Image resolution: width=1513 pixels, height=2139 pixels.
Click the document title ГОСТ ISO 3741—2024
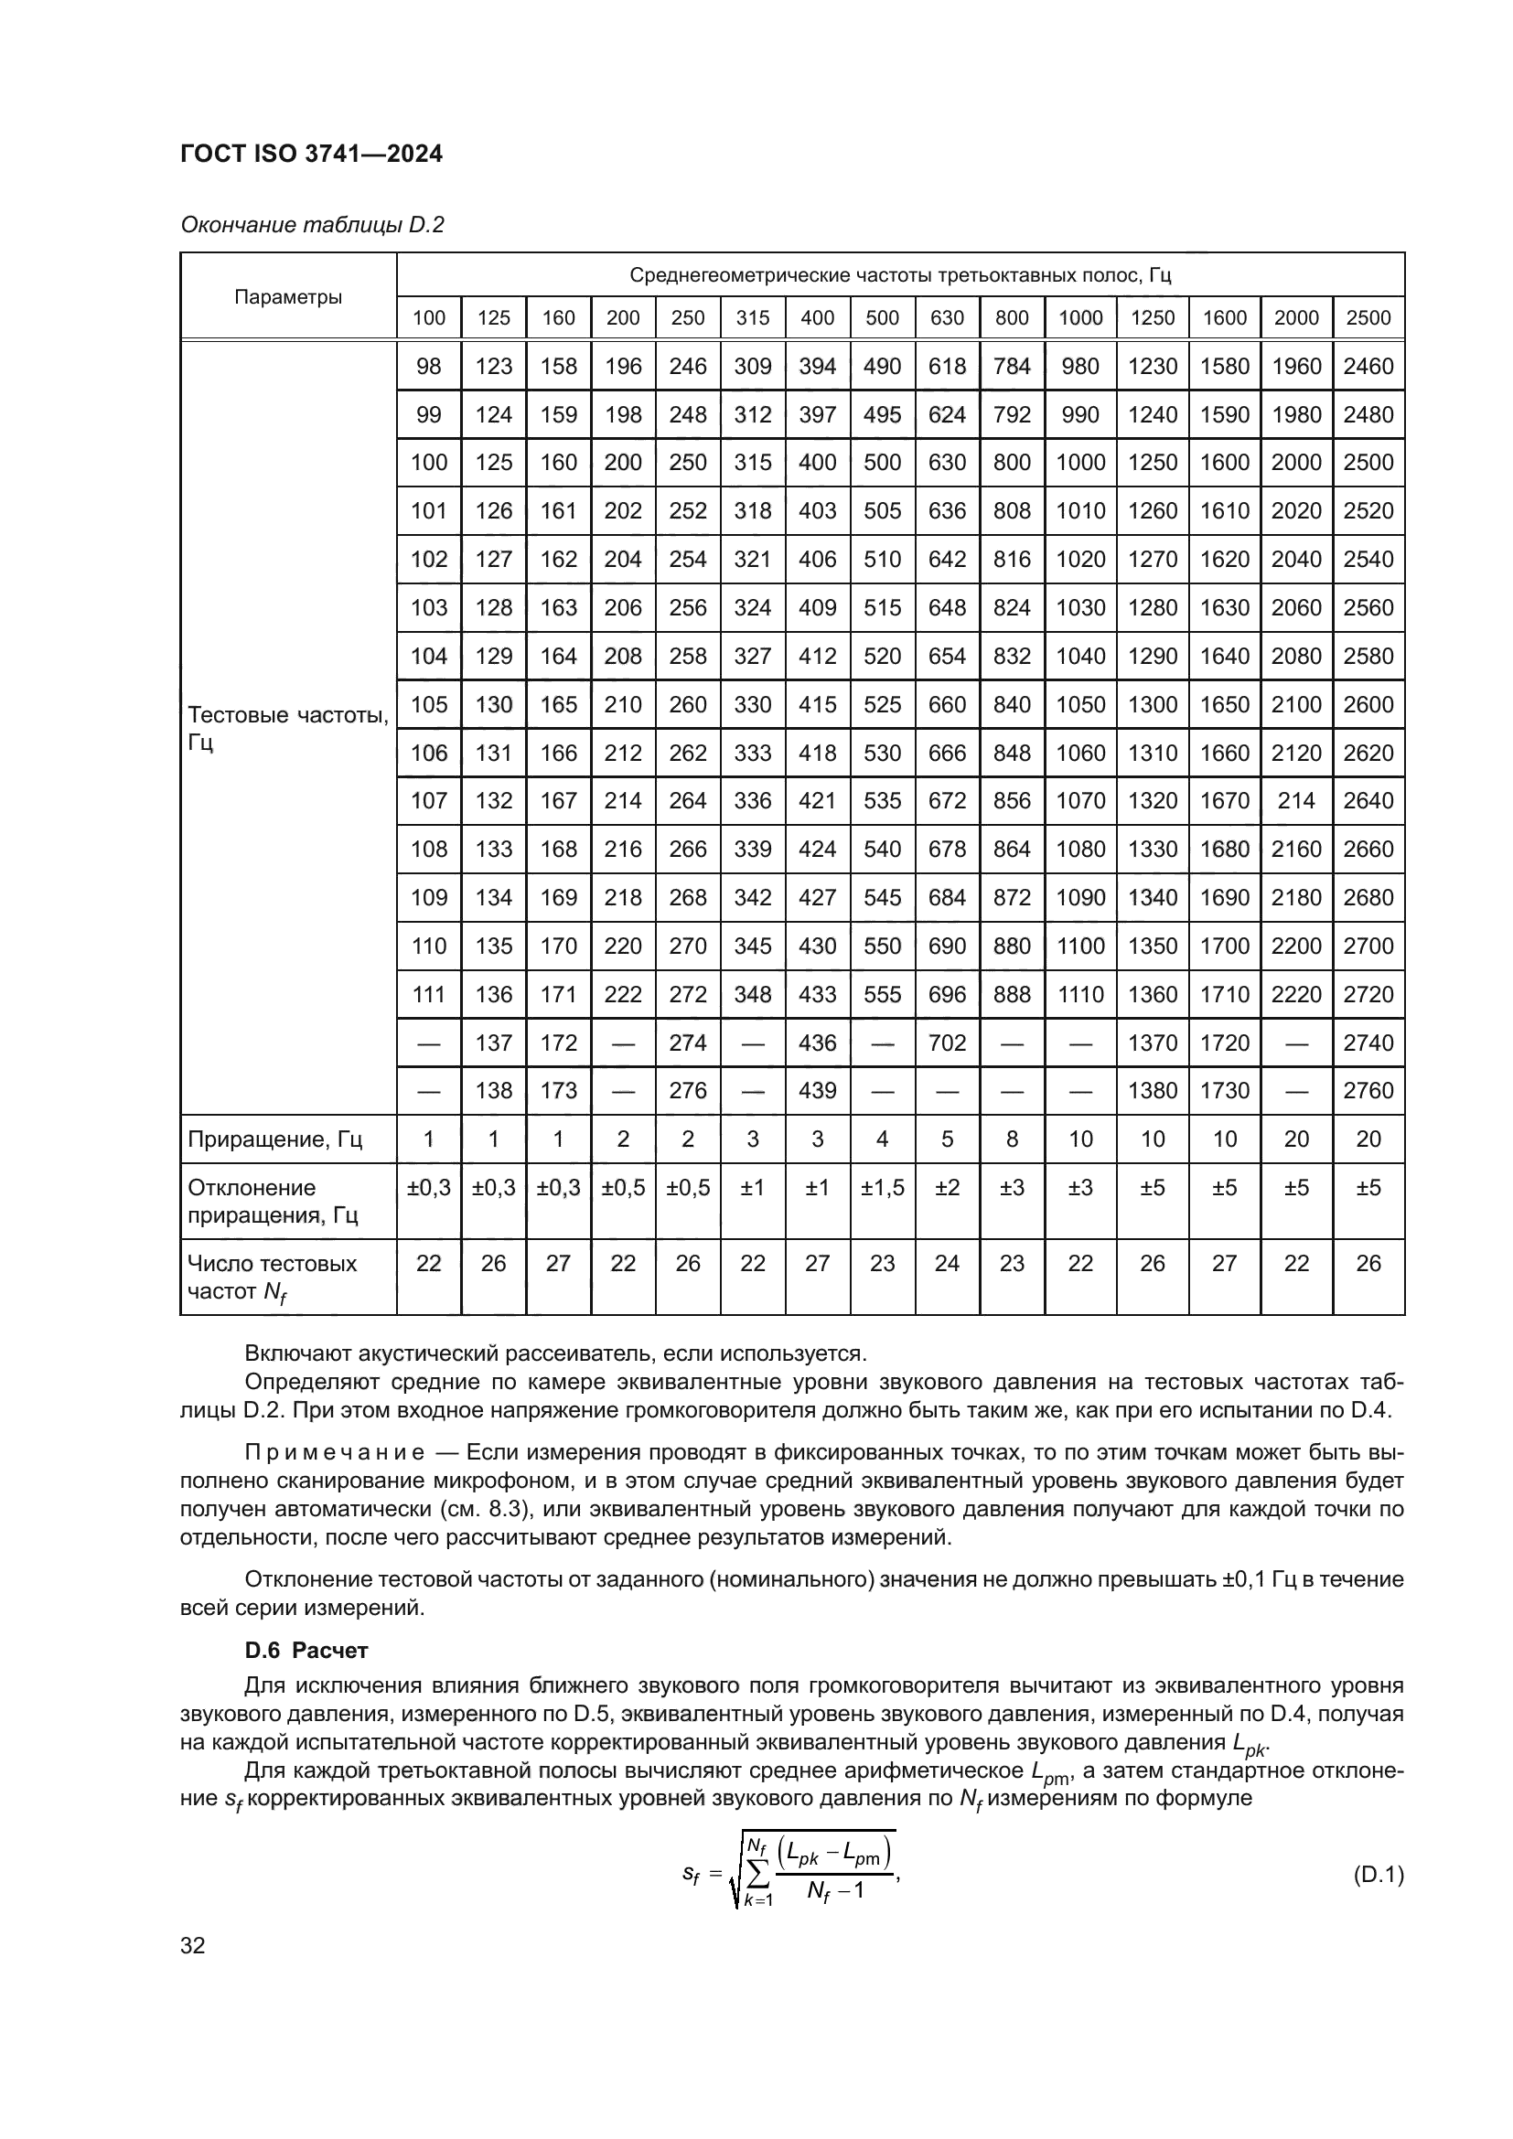[x=310, y=154]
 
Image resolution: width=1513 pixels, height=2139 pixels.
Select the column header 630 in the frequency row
[x=947, y=317]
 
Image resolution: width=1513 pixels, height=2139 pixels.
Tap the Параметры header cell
[x=288, y=297]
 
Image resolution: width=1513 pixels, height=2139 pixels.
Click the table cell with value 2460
[x=1368, y=366]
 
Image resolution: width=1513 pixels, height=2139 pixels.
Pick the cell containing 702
[x=947, y=1043]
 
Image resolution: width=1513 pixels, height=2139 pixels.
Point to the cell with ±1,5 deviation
[x=881, y=1188]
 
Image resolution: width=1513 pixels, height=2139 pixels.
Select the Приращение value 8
[x=1012, y=1139]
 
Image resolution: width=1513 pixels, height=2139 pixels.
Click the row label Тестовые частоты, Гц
[x=287, y=729]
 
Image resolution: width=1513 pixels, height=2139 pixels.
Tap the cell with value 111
[x=428, y=994]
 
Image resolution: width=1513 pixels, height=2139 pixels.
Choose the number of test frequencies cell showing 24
[x=947, y=1263]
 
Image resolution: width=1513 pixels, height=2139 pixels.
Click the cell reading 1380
[x=1153, y=1090]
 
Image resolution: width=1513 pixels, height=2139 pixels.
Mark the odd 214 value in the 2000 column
[x=1296, y=800]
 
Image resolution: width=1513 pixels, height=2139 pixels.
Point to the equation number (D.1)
[x=1377, y=1874]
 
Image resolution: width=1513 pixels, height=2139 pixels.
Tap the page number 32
[x=193, y=1945]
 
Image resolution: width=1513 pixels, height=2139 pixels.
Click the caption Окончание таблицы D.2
[x=311, y=225]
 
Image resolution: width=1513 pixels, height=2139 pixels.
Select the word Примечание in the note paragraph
[x=335, y=1452]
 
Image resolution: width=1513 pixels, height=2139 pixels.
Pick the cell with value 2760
[x=1368, y=1090]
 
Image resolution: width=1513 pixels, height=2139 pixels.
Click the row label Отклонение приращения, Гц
[x=273, y=1201]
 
